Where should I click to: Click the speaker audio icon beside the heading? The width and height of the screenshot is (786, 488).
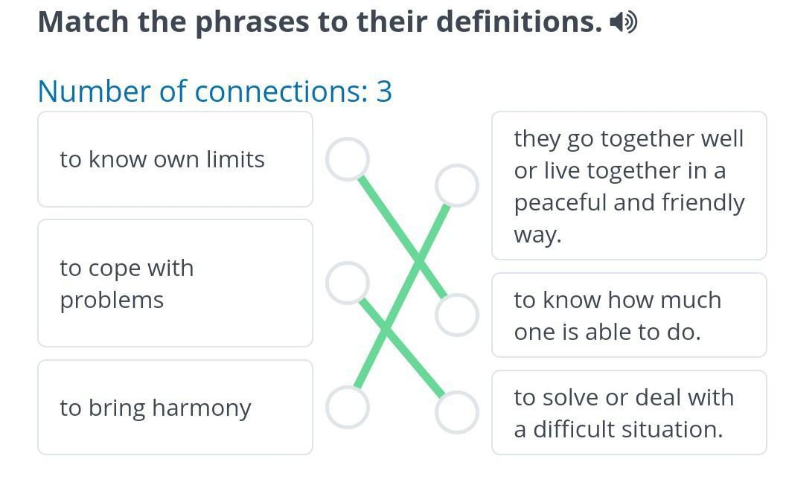(623, 22)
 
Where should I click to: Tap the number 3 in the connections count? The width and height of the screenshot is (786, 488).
(384, 91)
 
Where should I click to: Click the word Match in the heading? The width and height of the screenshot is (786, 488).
(83, 22)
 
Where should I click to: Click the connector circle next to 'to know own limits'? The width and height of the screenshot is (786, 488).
(348, 159)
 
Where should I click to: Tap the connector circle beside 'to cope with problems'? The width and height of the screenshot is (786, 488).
(348, 283)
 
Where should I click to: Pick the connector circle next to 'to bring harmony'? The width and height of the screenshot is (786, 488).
(348, 408)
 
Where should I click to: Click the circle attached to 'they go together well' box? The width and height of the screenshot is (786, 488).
(457, 185)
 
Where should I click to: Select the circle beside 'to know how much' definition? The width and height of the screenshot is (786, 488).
(457, 315)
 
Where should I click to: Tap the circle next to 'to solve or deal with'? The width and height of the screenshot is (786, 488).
(457, 412)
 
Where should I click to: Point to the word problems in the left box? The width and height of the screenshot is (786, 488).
(112, 301)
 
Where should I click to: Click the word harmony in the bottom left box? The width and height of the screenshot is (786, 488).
(202, 408)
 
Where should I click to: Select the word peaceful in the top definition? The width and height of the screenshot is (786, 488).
(560, 203)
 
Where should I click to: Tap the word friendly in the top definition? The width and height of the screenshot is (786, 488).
(703, 203)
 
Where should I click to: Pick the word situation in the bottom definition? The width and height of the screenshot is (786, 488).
(674, 429)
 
